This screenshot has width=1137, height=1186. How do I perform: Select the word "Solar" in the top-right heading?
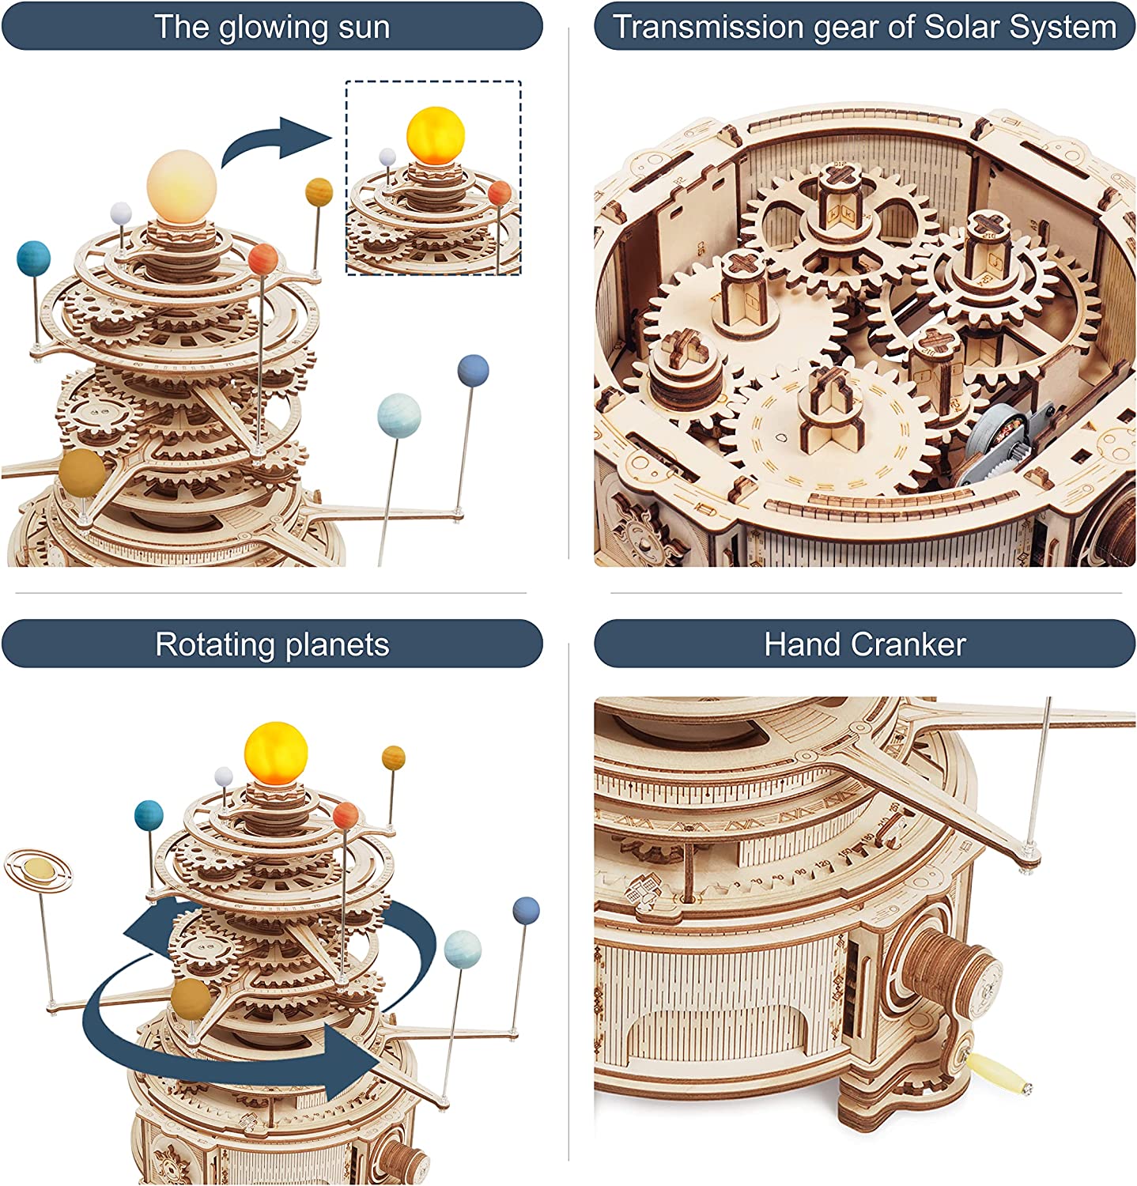coord(961,27)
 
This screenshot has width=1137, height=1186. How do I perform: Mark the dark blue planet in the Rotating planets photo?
coord(526,910)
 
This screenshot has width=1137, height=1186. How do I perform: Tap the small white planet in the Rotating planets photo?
coord(224,776)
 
